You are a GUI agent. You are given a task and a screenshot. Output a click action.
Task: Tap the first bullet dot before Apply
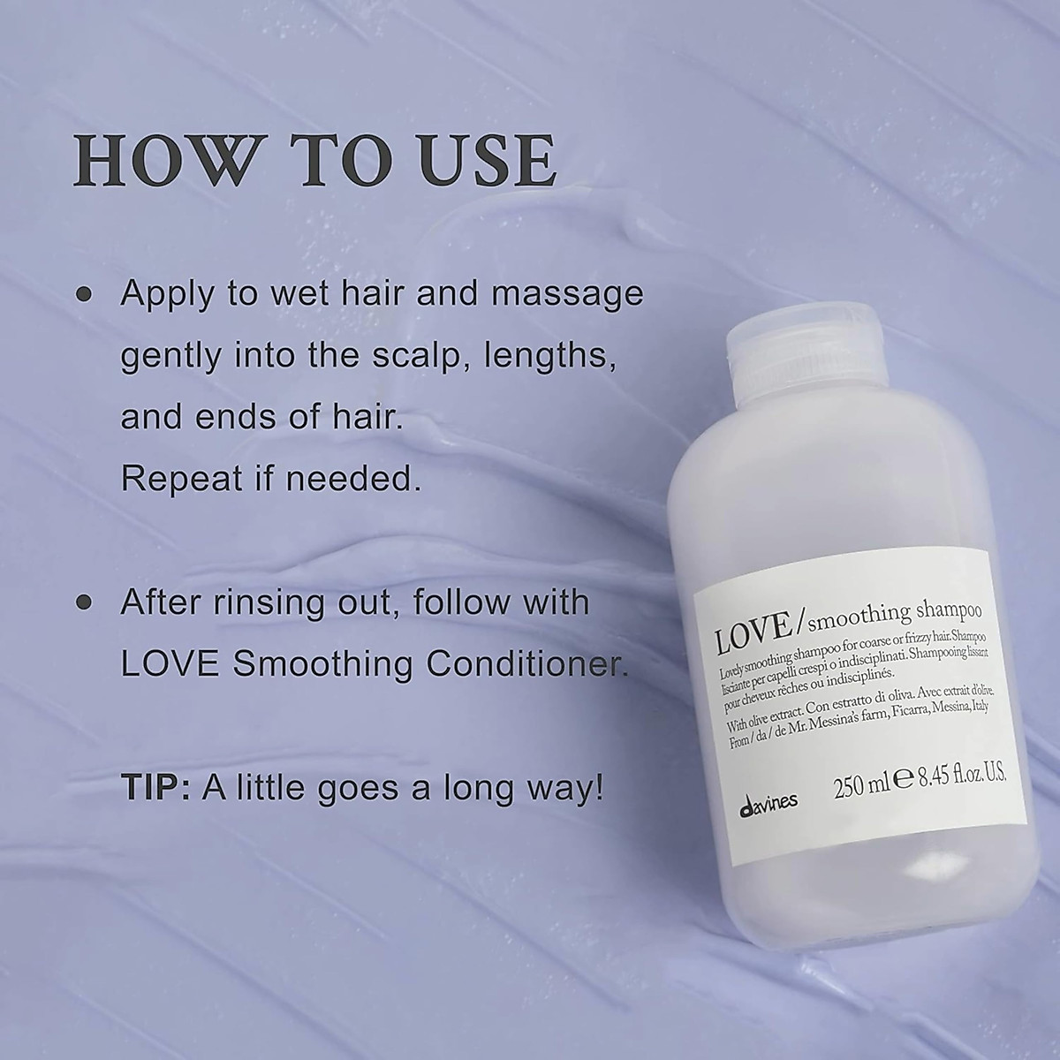click(x=86, y=294)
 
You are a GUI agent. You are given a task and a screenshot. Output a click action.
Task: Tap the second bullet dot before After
click(x=86, y=603)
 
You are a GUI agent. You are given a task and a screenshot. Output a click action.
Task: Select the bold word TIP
click(x=155, y=787)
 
